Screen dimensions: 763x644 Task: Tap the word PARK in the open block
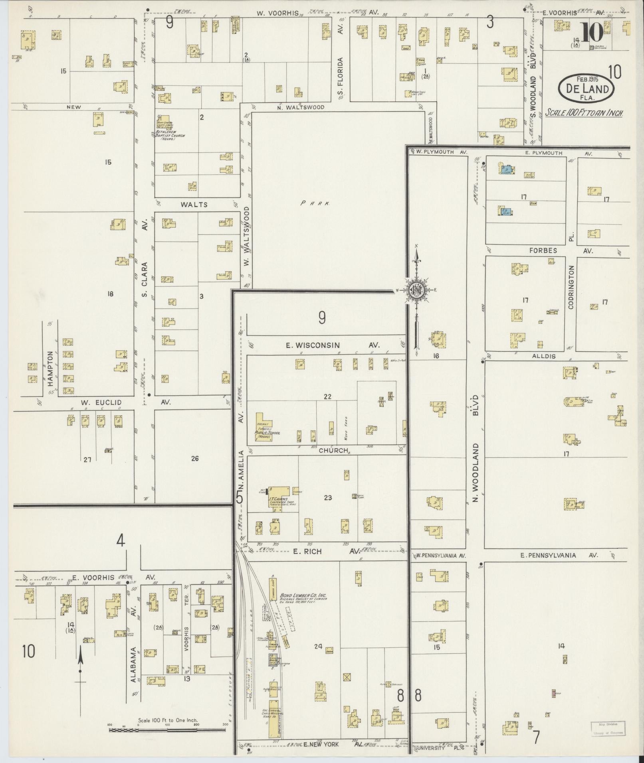click(x=315, y=203)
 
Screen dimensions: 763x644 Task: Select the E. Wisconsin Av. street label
click(x=332, y=345)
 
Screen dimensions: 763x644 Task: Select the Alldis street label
click(x=543, y=356)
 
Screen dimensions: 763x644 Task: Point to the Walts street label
click(x=194, y=205)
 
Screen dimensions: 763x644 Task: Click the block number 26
click(x=194, y=459)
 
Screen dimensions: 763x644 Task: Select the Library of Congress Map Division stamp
click(x=608, y=728)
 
